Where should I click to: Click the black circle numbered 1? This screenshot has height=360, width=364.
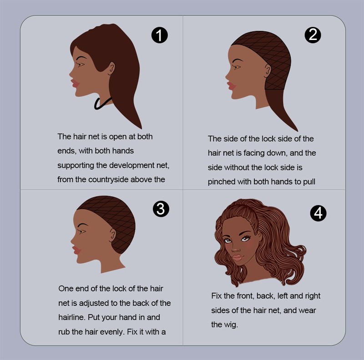tap(160, 35)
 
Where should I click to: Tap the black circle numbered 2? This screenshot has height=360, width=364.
tap(313, 35)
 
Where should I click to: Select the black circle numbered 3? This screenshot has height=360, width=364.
tap(161, 209)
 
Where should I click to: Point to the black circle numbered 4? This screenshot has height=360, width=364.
tap(318, 213)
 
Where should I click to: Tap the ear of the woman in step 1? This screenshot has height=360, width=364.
tap(111, 68)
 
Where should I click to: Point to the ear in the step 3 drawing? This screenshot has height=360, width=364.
tap(112, 235)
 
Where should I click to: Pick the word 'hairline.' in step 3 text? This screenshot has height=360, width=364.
tap(72, 317)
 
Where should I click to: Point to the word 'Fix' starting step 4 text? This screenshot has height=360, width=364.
tap(216, 296)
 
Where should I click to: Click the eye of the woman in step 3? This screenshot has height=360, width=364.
tap(82, 231)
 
